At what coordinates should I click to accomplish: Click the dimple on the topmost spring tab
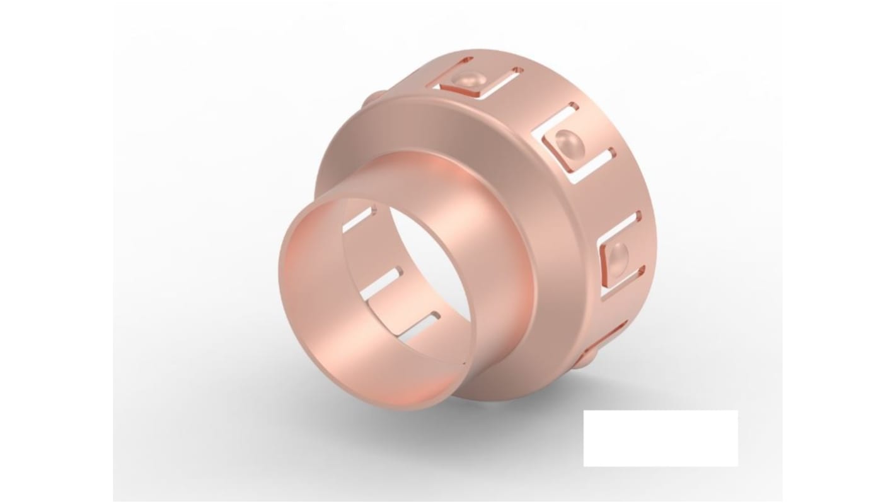[x=468, y=79]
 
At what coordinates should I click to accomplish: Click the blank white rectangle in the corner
[x=660, y=438]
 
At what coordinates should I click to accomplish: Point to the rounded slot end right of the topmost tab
[x=517, y=71]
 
